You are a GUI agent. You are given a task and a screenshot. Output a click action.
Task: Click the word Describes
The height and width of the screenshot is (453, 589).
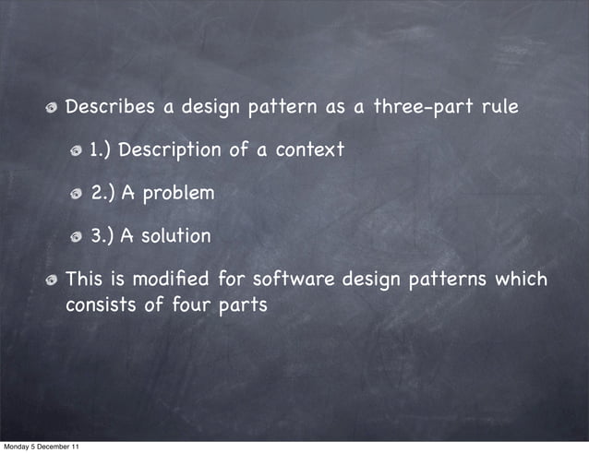(x=110, y=107)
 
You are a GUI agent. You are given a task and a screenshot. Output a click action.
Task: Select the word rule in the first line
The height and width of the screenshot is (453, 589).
(x=499, y=107)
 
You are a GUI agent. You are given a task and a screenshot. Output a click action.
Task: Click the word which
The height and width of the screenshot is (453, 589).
(x=522, y=279)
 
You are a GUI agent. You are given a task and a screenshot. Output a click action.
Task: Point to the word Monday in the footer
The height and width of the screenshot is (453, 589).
(x=15, y=447)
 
